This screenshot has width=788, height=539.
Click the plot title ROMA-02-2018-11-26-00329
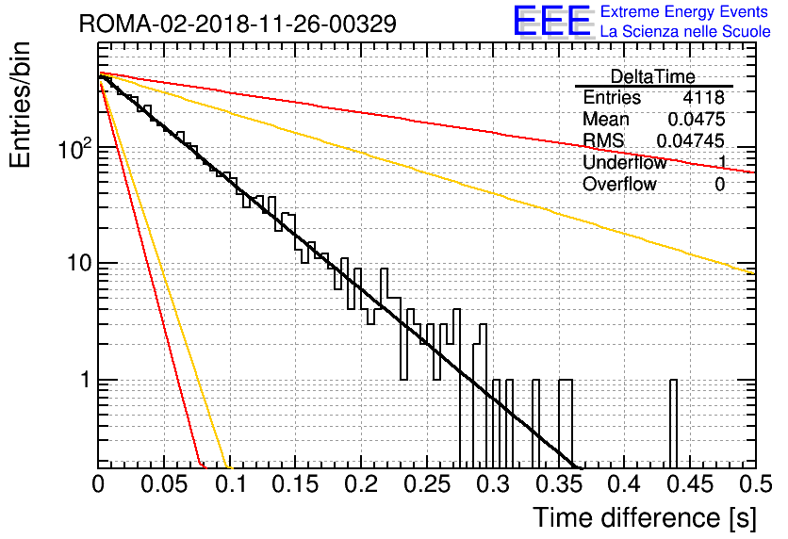pos(238,24)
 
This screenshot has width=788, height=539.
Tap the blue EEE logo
pos(552,21)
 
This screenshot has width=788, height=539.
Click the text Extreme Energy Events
pos(684,11)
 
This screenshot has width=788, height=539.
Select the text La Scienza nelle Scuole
pos(685,31)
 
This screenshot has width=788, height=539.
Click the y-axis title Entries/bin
pos(20,105)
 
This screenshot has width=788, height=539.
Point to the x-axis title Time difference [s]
pos(645,517)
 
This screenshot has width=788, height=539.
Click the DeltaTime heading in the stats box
pos(652,76)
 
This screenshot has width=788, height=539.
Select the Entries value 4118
pos(703,97)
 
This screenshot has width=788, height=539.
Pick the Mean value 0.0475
pos(697,119)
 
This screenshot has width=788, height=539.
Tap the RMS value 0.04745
pos(691,140)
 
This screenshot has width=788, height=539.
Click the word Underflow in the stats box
pos(625,162)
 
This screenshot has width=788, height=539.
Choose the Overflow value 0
pos(719,185)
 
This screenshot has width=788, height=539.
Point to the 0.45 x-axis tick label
pos(691,484)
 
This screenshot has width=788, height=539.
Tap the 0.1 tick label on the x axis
pos(231,484)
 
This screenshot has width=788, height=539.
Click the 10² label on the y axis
pos(75,148)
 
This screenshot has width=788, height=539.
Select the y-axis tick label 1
pos(86,380)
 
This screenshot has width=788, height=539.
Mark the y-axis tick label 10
pos(80,263)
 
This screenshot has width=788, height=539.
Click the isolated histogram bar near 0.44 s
pos(673,424)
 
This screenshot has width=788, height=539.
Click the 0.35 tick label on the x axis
pos(559,484)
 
